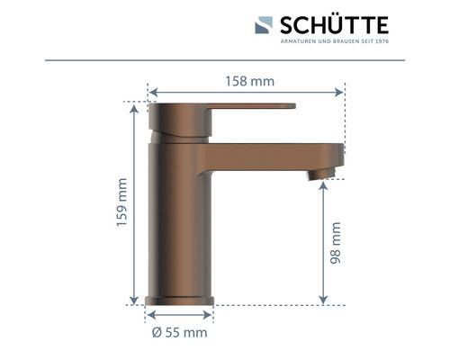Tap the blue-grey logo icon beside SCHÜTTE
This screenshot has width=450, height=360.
click(x=263, y=25)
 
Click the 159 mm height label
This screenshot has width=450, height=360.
click(x=122, y=204)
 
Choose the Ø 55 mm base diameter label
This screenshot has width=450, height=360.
click(x=180, y=332)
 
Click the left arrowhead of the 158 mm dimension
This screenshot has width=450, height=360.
click(x=152, y=92)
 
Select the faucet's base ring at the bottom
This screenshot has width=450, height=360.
click(x=179, y=300)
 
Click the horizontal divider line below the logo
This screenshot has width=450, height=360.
click(x=225, y=60)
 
